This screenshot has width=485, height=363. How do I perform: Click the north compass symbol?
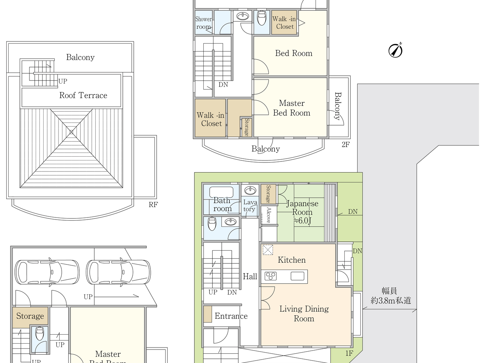pyautogui.click(x=395, y=50)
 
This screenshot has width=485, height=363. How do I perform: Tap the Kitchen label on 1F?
pyautogui.click(x=292, y=260)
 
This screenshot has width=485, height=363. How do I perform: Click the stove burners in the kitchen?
pyautogui.click(x=271, y=276)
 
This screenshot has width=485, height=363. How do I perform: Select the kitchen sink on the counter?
pyautogui.click(x=297, y=276)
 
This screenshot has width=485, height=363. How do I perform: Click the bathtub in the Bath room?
pyautogui.click(x=221, y=192)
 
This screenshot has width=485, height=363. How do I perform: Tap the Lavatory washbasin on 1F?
pyautogui.click(x=250, y=190)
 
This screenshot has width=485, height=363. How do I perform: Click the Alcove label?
pyautogui.click(x=269, y=215)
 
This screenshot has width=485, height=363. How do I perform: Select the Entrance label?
pyautogui.click(x=231, y=316)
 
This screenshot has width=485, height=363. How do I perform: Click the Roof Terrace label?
pyautogui.click(x=83, y=95)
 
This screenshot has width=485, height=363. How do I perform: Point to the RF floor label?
pyautogui.click(x=153, y=205)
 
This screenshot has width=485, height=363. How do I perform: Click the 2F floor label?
pyautogui.click(x=345, y=145)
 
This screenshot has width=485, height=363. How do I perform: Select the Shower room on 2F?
pyautogui.click(x=204, y=23)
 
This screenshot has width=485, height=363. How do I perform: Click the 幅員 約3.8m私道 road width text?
pyautogui.click(x=390, y=296)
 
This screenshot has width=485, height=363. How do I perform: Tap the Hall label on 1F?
pyautogui.click(x=250, y=277)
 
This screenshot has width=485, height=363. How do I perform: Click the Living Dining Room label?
pyautogui.click(x=304, y=314)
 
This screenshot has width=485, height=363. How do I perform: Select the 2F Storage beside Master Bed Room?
pyautogui.click(x=246, y=127)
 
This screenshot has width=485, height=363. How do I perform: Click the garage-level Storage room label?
pyautogui.click(x=30, y=316)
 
